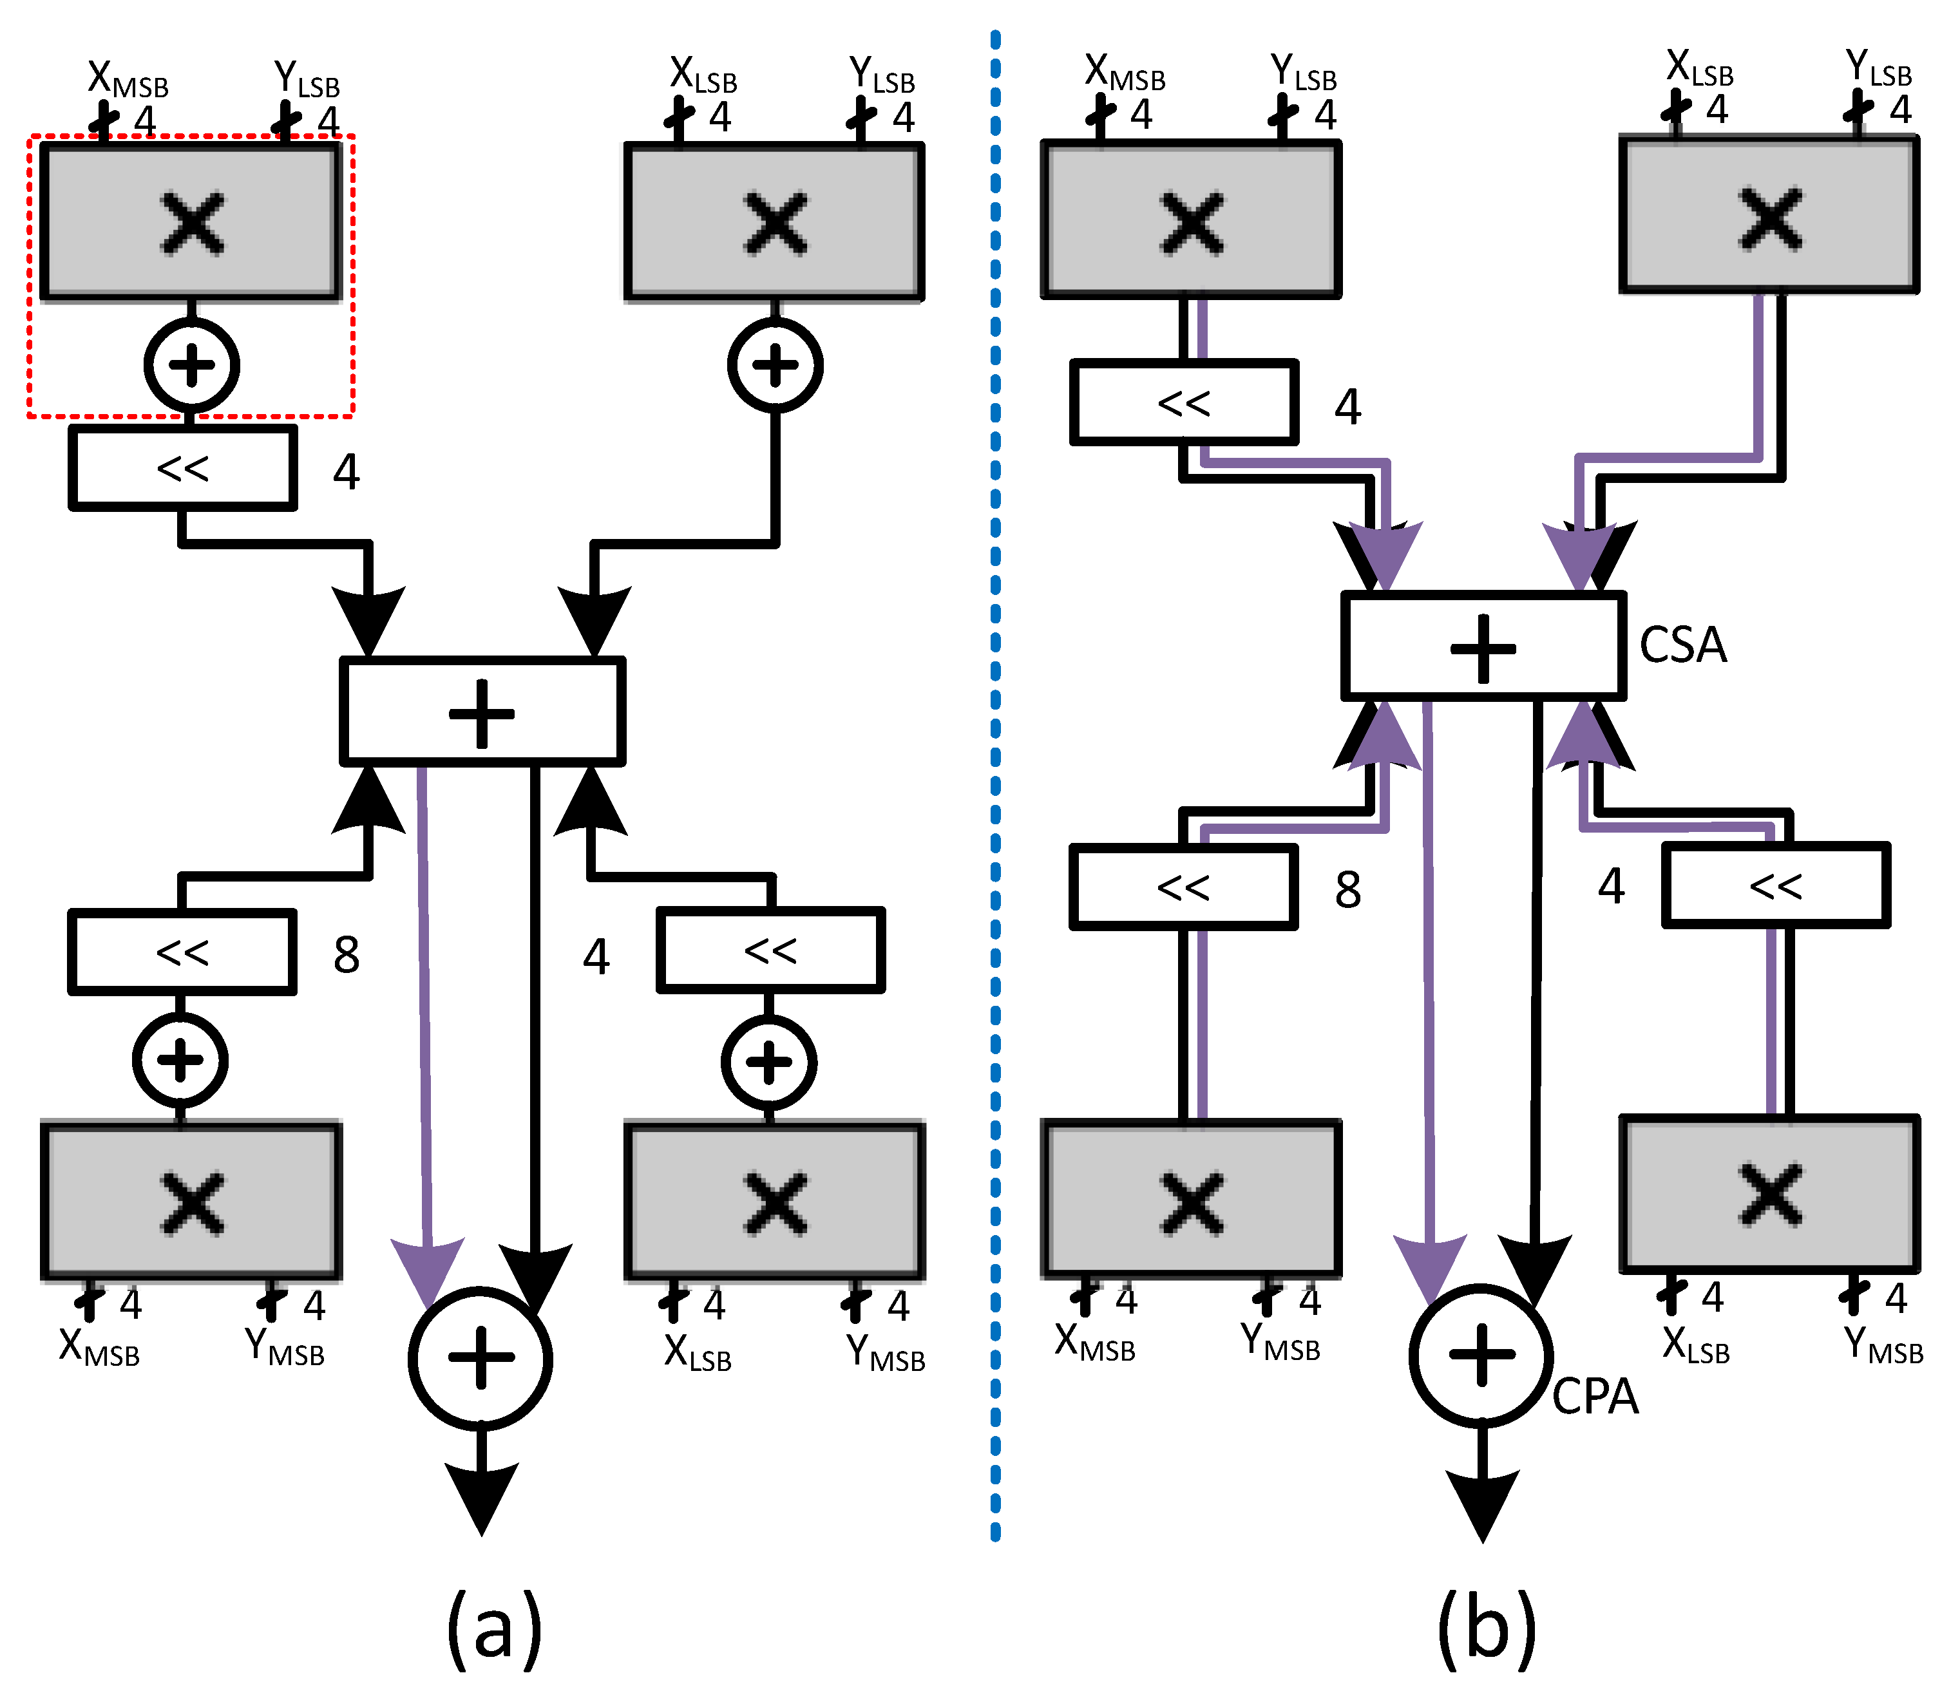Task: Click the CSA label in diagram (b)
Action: click(x=1682, y=645)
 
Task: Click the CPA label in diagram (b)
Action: click(x=1595, y=1397)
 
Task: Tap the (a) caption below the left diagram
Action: click(x=493, y=1630)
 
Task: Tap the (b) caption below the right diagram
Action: click(x=1486, y=1630)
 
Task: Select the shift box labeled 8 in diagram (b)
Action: click(x=1183, y=887)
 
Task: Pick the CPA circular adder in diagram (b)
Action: click(x=1481, y=1355)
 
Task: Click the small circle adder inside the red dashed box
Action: click(x=192, y=365)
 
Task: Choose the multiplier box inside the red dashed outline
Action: click(x=191, y=222)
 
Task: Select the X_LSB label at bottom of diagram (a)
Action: click(x=698, y=1353)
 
